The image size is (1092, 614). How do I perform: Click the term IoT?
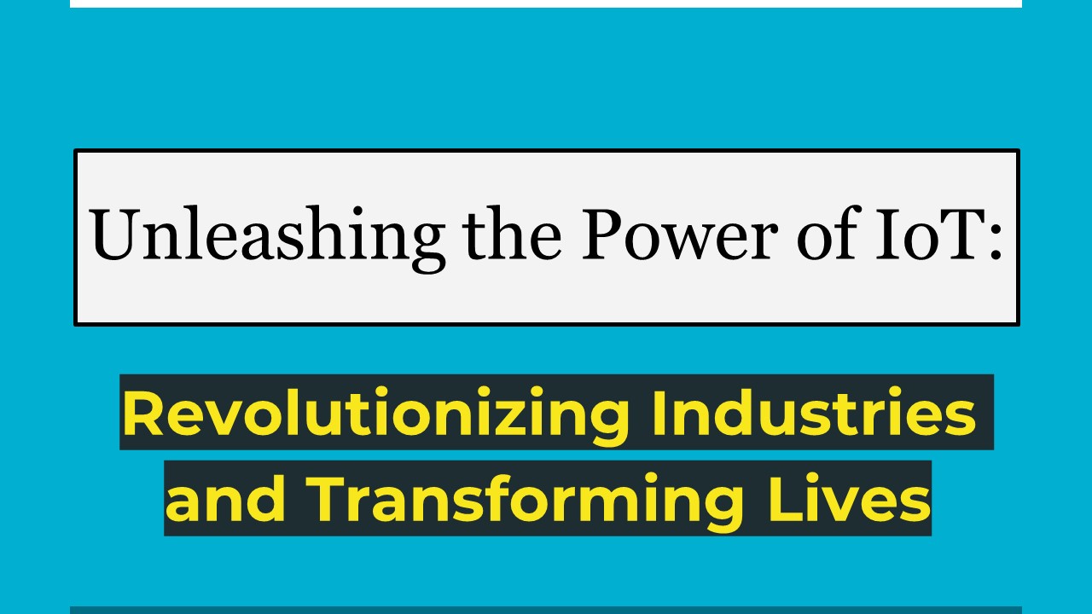click(x=930, y=235)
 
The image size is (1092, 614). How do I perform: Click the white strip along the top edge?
click(x=546, y=3)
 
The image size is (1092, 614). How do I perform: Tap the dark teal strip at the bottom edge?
click(x=546, y=610)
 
